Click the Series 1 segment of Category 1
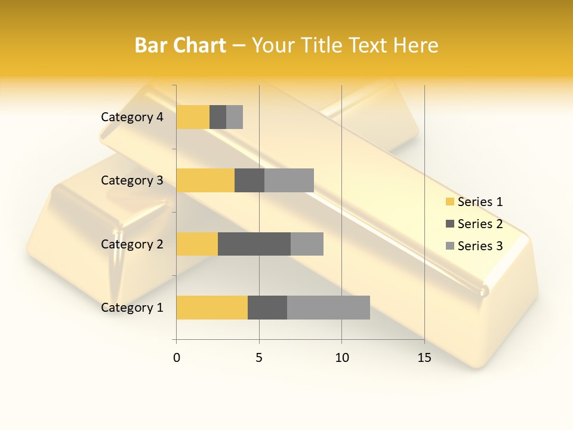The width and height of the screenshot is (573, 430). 212,307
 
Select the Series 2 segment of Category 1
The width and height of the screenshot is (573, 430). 267,307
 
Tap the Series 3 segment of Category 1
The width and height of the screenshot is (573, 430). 328,307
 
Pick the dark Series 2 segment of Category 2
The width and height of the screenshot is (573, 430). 254,244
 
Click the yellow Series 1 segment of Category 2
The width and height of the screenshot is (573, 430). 197,244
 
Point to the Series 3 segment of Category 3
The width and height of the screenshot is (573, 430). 289,180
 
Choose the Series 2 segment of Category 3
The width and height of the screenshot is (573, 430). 249,180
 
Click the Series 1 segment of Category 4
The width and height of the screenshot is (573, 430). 193,117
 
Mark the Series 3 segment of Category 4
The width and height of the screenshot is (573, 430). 235,117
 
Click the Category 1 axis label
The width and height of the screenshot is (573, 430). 132,308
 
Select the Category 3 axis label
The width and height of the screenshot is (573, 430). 132,180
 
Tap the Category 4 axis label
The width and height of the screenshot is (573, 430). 132,117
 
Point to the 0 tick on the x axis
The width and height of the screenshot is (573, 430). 177,358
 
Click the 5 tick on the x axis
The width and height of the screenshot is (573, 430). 259,358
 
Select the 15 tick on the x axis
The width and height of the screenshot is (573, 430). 424,358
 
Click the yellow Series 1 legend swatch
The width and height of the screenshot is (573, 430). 450,202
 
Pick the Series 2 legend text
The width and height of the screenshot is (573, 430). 480,224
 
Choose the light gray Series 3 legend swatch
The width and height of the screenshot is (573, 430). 450,246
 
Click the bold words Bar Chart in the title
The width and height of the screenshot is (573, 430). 180,45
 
